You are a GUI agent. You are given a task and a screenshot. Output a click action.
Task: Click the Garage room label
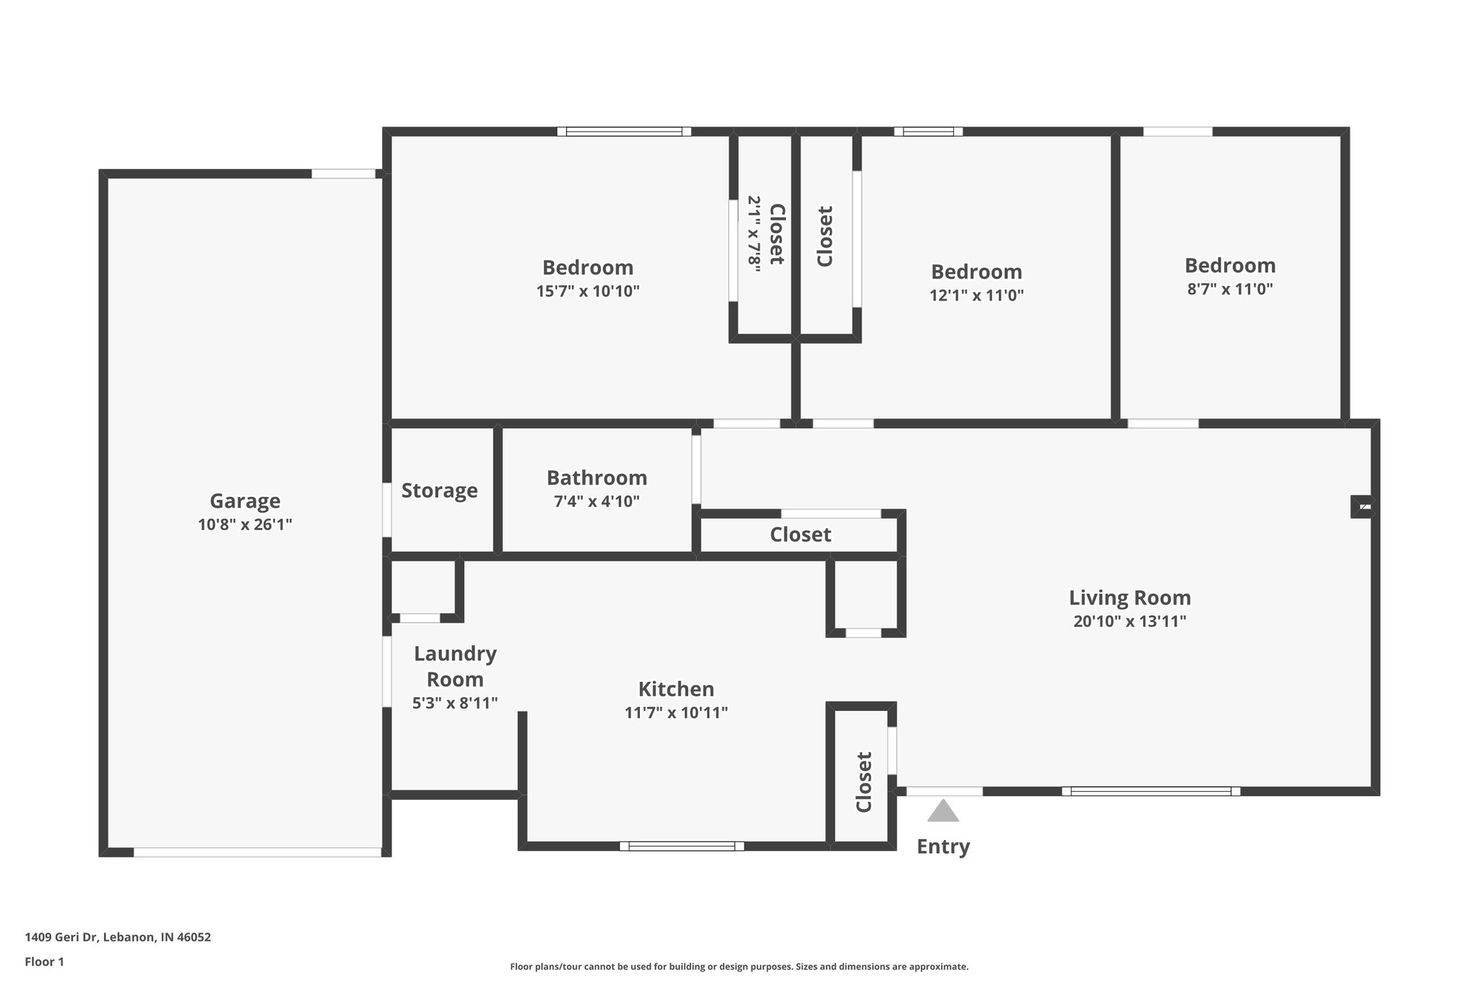[x=245, y=501]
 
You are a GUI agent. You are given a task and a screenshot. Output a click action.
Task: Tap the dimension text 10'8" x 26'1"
[x=245, y=524]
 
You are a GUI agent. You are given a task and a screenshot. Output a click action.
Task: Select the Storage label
[x=439, y=490]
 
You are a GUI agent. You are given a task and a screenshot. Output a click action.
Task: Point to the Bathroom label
[x=597, y=477]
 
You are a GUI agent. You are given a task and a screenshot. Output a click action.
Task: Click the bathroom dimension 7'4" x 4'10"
[x=597, y=501]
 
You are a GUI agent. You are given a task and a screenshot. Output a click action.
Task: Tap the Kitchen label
[x=676, y=688]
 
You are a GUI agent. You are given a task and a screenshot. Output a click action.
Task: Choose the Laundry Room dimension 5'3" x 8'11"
[x=455, y=703]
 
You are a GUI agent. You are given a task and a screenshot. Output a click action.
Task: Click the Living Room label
[x=1129, y=597]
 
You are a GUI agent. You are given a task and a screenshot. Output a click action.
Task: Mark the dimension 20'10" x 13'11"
[x=1129, y=621]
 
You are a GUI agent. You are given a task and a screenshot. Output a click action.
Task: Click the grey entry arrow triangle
[x=943, y=812]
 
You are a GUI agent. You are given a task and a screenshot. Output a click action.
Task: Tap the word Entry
[x=943, y=847]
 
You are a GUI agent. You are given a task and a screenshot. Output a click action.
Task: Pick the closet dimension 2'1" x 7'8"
[x=754, y=234]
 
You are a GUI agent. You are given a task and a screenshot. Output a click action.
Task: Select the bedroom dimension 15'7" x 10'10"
[x=588, y=291]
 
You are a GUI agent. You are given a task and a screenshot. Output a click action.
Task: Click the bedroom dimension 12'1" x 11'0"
[x=976, y=295]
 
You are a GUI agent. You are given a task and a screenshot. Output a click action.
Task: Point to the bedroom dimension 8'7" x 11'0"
[x=1230, y=290]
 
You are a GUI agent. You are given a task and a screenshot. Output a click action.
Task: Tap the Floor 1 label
[x=44, y=961]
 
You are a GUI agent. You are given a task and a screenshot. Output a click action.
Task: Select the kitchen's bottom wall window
[x=682, y=846]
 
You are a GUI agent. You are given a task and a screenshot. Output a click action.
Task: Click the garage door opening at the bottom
[x=257, y=852]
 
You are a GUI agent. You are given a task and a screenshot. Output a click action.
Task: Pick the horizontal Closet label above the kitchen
[x=800, y=535]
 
